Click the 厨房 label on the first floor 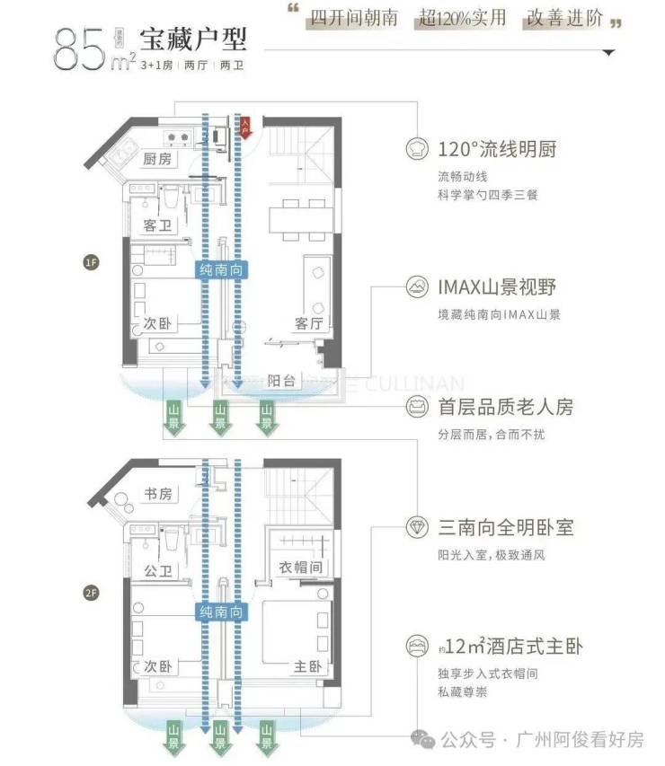click(x=158, y=159)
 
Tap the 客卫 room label click(x=158, y=225)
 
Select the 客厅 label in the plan click(x=308, y=323)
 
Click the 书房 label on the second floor click(x=157, y=495)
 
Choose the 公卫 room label click(x=158, y=570)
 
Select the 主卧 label click(x=308, y=667)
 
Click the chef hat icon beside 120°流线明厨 click(x=417, y=148)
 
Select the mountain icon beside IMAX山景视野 click(x=417, y=287)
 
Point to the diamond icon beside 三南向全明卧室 click(x=417, y=527)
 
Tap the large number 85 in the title click(x=79, y=49)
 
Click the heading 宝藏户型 click(x=192, y=39)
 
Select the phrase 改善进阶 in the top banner click(x=565, y=19)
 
